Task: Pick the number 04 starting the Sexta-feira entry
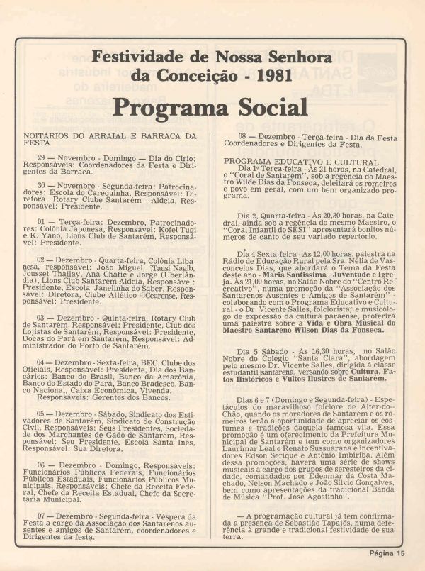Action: [42, 362]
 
